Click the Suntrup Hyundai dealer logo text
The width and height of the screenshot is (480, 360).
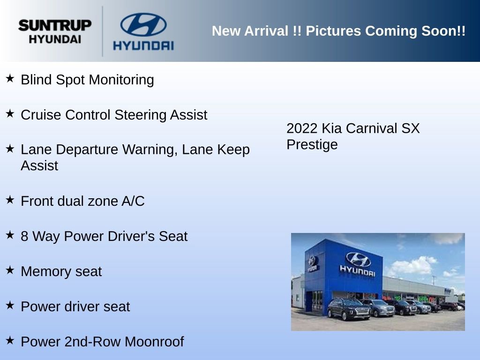click(55, 31)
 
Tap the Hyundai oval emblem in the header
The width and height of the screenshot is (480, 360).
click(143, 24)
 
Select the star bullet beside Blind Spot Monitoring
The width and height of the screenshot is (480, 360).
click(10, 78)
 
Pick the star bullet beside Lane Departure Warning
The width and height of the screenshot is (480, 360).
click(10, 149)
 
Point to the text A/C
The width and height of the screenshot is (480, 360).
click(133, 201)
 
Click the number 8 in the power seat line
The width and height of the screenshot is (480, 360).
click(24, 236)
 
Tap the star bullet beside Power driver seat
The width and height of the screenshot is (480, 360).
click(10, 305)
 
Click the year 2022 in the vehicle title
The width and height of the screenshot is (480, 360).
click(302, 128)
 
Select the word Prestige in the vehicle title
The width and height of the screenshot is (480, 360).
click(312, 144)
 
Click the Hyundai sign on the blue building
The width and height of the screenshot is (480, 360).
click(358, 264)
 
